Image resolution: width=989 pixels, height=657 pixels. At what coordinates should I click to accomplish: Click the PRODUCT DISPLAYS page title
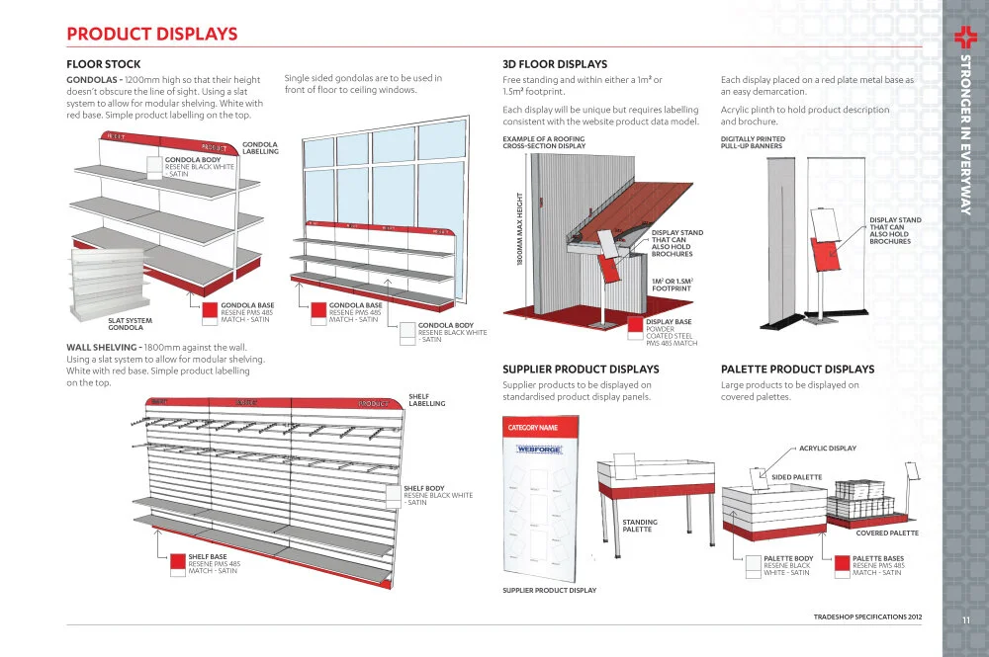tap(151, 35)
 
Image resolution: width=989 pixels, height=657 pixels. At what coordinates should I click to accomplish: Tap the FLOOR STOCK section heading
tap(103, 64)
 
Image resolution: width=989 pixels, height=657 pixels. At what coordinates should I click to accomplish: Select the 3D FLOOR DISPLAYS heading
tap(555, 64)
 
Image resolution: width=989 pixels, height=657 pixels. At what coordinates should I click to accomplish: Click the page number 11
tap(964, 619)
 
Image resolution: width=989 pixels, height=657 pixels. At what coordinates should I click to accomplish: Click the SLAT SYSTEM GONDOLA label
tap(131, 323)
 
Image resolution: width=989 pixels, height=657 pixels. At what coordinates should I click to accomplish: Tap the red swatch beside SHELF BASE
tap(178, 563)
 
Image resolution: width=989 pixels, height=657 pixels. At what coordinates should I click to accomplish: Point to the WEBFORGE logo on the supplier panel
tap(539, 450)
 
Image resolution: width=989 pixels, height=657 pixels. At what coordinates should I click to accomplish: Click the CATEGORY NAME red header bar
tap(534, 428)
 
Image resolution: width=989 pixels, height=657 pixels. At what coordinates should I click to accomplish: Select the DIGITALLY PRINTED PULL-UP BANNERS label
tap(753, 143)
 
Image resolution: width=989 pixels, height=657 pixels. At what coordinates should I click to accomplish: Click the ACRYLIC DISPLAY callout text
tap(827, 449)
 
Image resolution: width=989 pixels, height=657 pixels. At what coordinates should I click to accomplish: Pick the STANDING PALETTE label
tap(639, 526)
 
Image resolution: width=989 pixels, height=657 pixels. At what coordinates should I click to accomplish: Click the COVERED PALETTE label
tap(887, 534)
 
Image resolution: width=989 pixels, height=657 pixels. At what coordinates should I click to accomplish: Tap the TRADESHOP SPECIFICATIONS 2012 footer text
tap(866, 616)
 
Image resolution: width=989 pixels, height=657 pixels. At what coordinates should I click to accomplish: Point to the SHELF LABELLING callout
tap(426, 400)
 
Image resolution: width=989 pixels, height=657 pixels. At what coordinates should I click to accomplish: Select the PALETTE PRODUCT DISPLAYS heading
tap(797, 370)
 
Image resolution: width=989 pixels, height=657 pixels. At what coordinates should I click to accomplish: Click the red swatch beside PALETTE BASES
tap(843, 563)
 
